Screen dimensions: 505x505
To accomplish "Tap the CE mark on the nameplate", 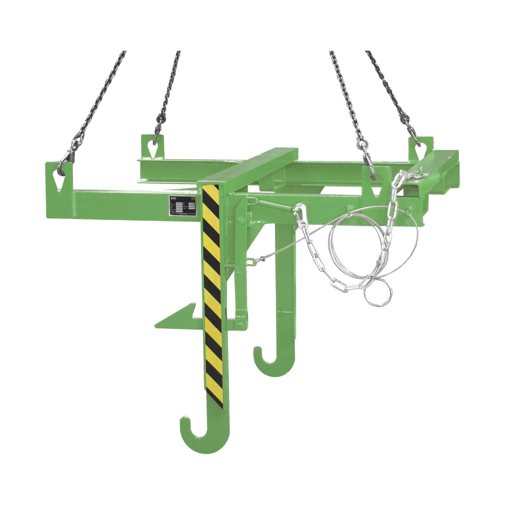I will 192,199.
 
